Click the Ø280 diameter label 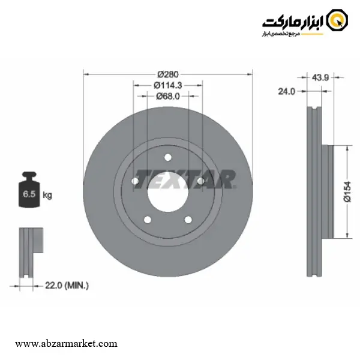[168, 74]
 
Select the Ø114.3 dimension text [168, 85]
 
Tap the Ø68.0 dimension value [168, 97]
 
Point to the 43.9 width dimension [320, 77]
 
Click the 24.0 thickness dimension [287, 92]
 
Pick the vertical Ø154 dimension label [347, 192]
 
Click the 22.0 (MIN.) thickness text [67, 286]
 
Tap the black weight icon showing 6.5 [29, 190]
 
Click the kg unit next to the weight [47, 195]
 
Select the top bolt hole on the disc [168, 157]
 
